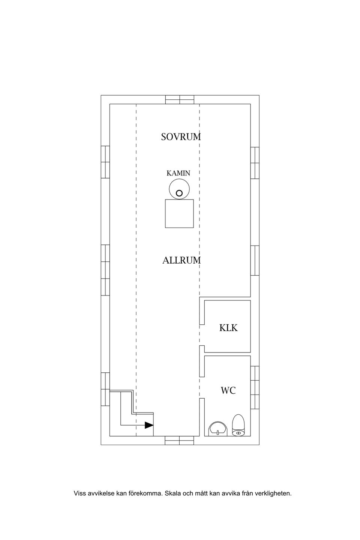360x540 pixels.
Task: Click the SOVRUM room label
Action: [x=181, y=136]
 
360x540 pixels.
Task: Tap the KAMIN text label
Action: [x=178, y=173]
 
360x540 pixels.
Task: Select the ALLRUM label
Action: [x=181, y=260]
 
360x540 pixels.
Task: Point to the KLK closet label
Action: [x=228, y=328]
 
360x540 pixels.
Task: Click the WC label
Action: [x=228, y=390]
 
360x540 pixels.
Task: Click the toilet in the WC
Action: [x=238, y=425]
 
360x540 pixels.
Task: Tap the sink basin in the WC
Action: [x=218, y=429]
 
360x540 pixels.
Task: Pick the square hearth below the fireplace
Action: [x=179, y=214]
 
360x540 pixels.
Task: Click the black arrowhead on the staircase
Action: [x=149, y=425]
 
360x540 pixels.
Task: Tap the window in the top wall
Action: [x=180, y=100]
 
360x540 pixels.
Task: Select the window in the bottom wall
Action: [x=179, y=440]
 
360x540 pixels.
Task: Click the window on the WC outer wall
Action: [x=255, y=387]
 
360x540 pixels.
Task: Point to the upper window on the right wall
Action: [x=255, y=163]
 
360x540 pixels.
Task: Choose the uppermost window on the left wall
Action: [x=105, y=162]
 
